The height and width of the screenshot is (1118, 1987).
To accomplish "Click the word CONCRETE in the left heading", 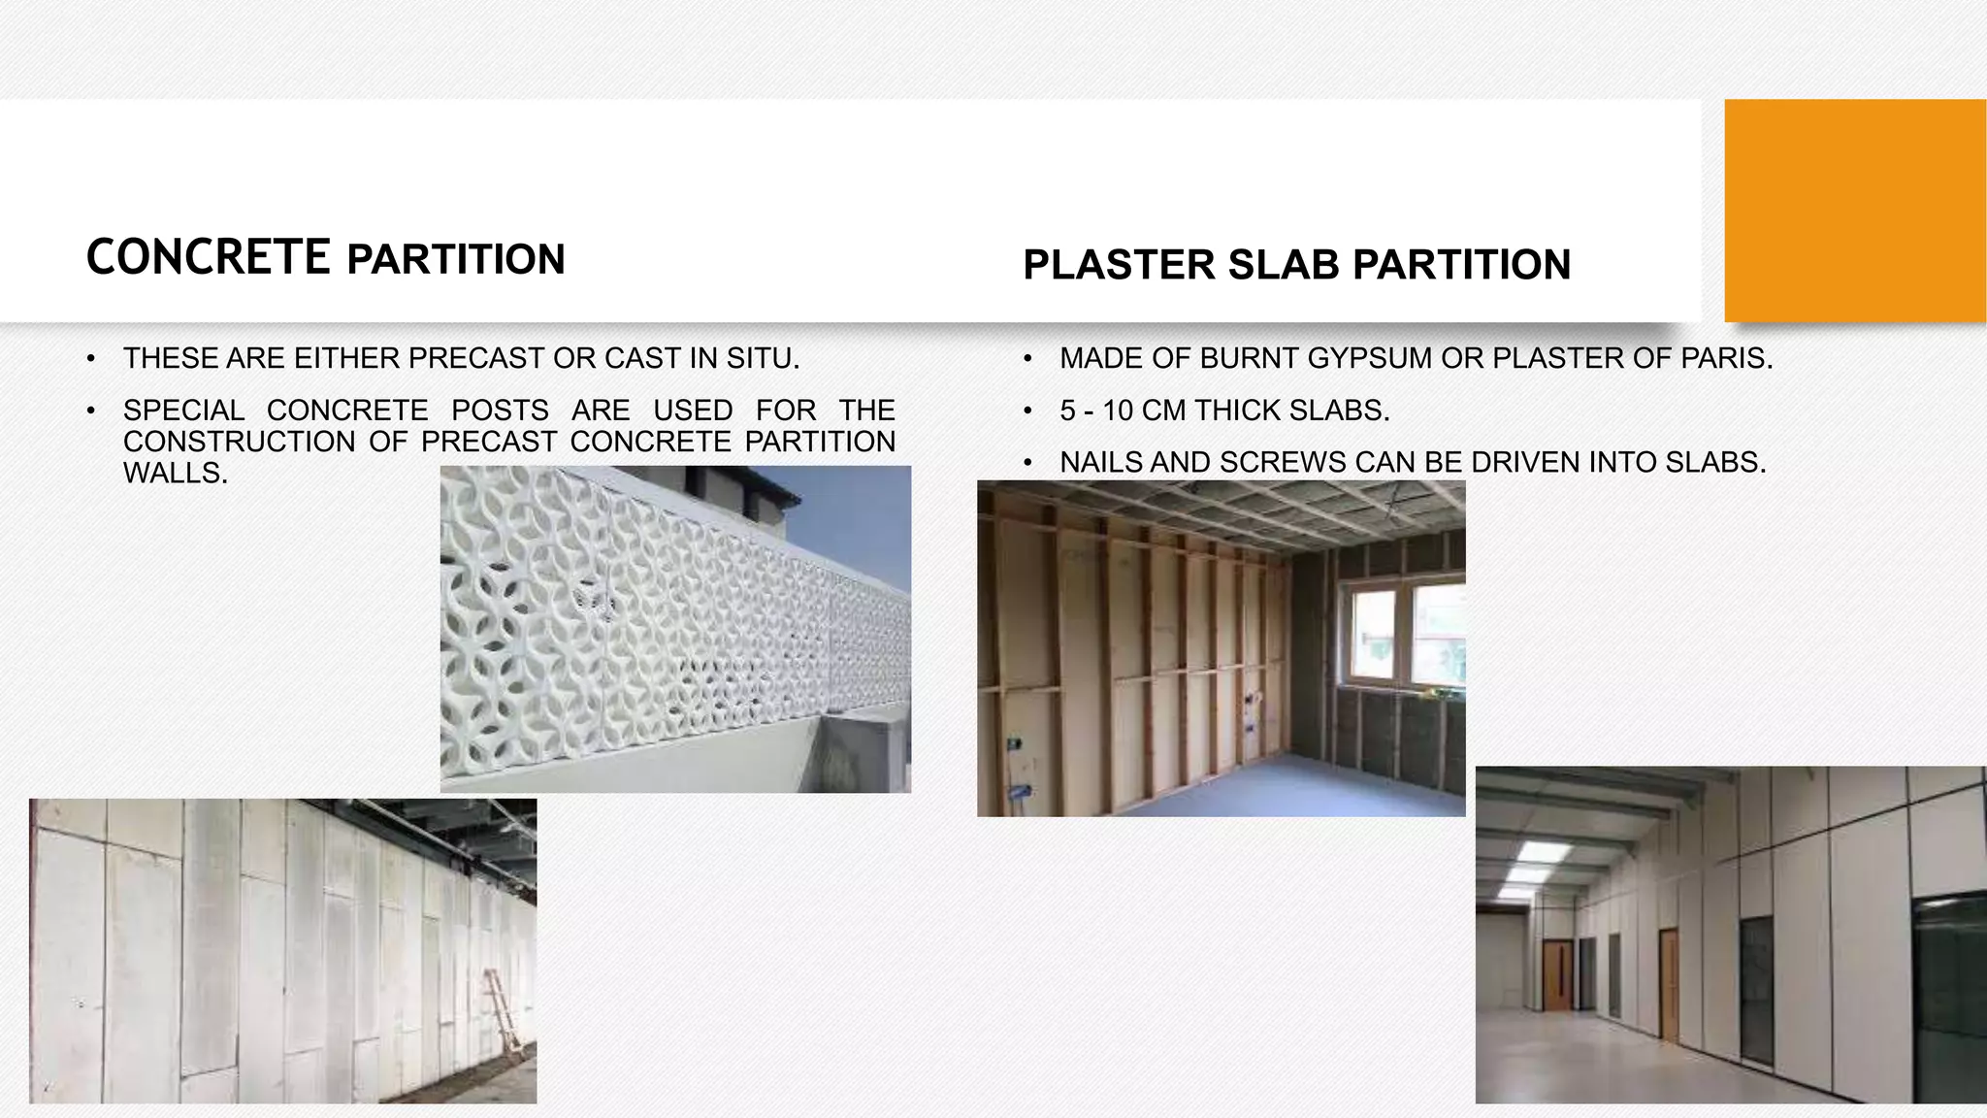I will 208,257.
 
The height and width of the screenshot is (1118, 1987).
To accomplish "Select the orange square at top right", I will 1854,210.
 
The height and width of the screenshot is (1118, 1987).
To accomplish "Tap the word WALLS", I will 175,474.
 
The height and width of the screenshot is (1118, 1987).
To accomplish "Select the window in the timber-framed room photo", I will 1405,633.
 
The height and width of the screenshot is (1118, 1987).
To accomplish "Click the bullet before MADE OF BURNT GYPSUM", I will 1027,360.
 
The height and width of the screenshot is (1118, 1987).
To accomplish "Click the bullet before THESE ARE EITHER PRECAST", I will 90,360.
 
